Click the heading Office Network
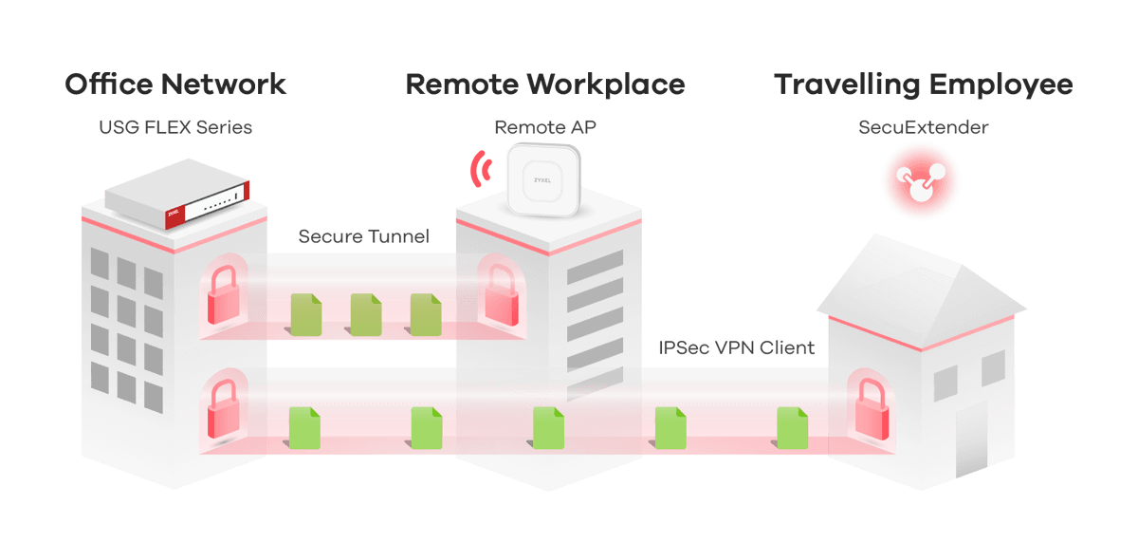point(175,84)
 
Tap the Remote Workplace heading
point(545,84)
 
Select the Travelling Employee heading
point(923,84)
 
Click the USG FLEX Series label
point(175,127)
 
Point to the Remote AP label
point(545,127)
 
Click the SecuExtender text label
point(923,127)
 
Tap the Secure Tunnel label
point(363,236)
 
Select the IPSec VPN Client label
point(736,347)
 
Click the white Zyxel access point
point(543,178)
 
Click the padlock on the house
point(870,410)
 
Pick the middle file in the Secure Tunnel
point(365,314)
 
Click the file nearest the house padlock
point(791,427)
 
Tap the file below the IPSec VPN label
point(670,427)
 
